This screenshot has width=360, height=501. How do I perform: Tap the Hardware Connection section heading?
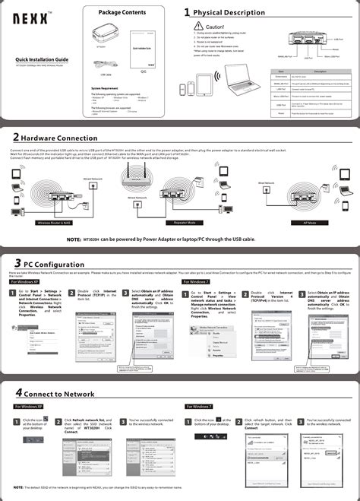[x=59, y=138]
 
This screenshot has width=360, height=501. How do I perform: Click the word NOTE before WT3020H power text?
[x=73, y=239]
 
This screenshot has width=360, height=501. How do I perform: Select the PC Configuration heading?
[x=54, y=262]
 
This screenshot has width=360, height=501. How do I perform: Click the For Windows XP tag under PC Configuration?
[x=26, y=281]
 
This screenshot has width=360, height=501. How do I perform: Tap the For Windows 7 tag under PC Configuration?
[x=197, y=281]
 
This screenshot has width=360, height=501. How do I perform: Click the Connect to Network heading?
[x=58, y=394]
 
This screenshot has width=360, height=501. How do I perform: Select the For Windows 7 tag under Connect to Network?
[x=197, y=407]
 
